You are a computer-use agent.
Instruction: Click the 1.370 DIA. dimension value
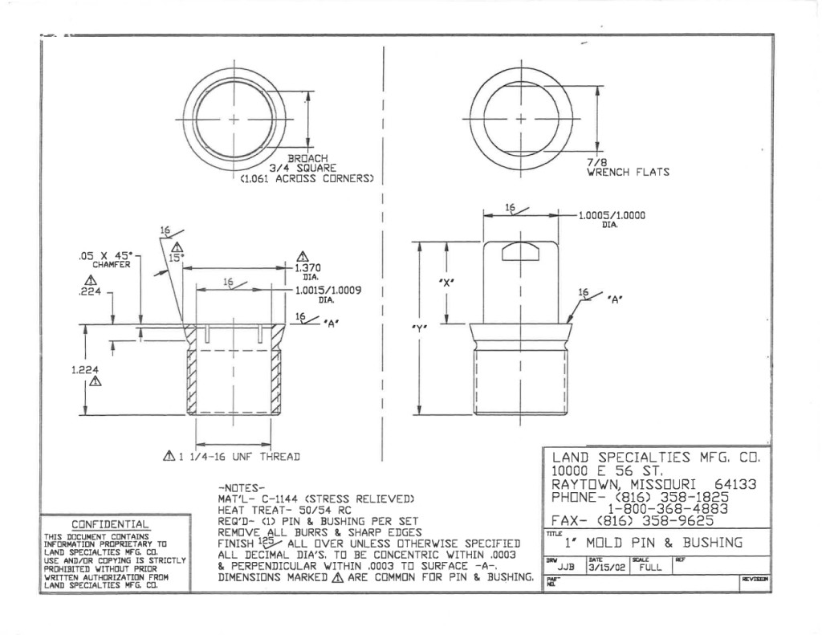307,267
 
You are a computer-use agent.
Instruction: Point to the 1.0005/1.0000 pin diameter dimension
612,215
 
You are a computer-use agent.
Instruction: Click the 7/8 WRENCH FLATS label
627,167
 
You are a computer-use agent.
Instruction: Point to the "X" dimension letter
447,283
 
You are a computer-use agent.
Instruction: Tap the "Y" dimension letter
420,328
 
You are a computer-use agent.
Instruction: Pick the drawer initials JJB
566,567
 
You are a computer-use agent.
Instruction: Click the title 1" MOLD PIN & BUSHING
653,543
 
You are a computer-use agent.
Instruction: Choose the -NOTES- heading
242,487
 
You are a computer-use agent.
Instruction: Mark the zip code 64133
735,484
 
